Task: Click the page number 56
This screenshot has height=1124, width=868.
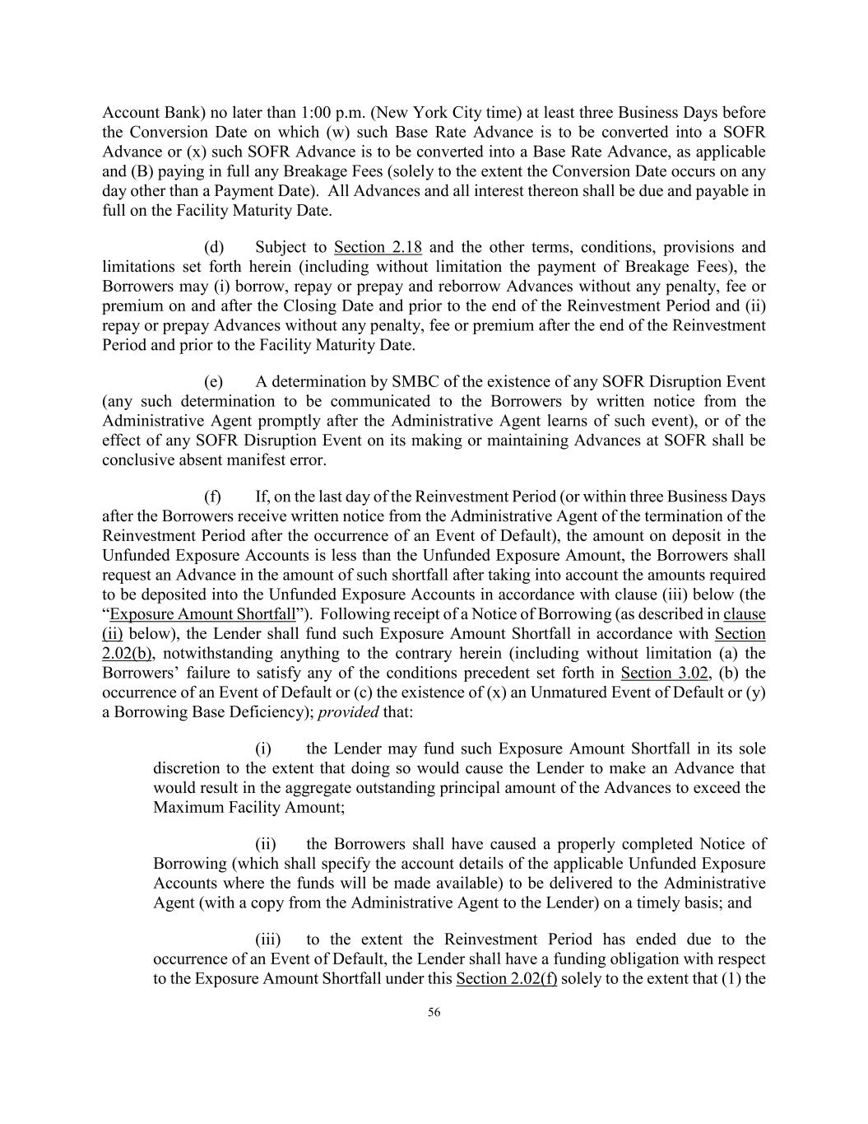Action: click(434, 1013)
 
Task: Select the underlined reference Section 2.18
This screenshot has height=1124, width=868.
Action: click(378, 247)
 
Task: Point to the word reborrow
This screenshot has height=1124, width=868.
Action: click(470, 287)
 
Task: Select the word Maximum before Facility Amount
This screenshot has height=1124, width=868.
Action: click(184, 807)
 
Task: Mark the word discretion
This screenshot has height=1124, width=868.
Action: click(188, 768)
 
